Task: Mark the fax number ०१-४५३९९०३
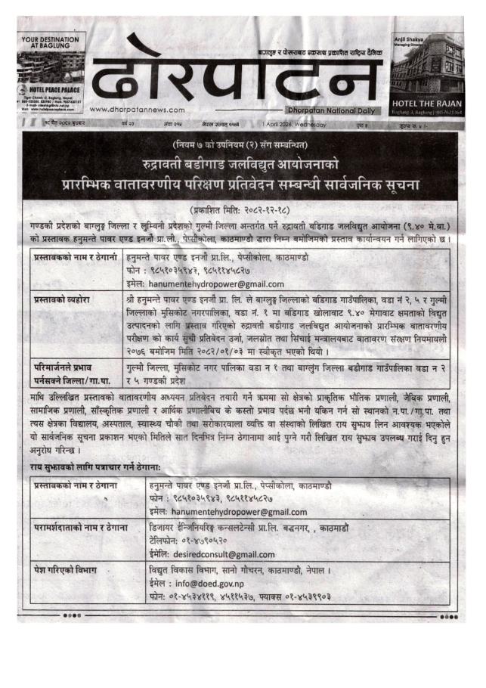304,597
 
